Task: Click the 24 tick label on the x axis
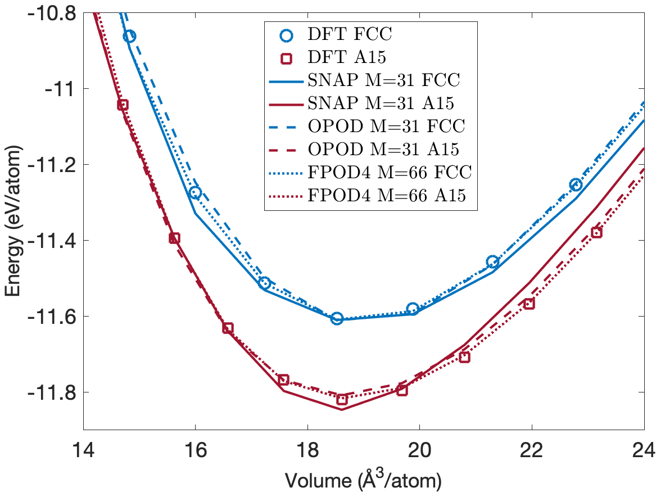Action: (644, 450)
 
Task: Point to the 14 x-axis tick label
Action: (84, 450)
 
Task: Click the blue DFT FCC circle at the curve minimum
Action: (337, 319)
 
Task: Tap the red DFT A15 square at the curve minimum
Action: (342, 400)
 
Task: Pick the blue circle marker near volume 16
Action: (195, 193)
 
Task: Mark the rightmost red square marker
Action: (596, 232)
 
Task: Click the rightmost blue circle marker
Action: (576, 184)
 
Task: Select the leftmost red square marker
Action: (123, 105)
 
